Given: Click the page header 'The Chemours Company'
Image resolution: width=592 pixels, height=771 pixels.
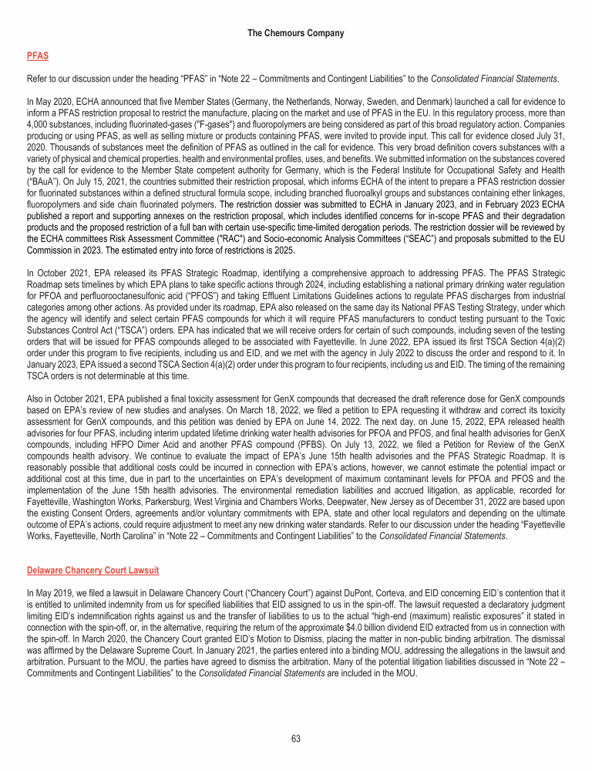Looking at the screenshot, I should (x=296, y=33).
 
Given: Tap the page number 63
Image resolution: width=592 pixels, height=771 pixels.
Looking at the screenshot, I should (x=296, y=739).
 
